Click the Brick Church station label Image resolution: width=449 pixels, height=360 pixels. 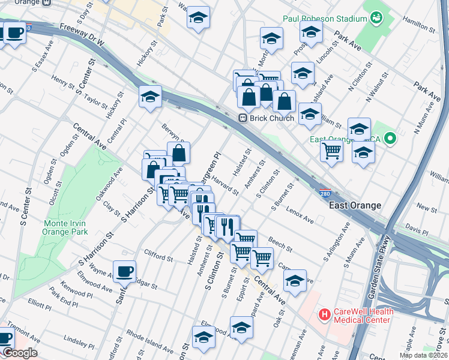pyautogui.click(x=273, y=118)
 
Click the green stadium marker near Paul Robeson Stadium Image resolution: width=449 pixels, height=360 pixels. pyautogui.click(x=377, y=19)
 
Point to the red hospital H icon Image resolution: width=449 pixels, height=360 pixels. pyautogui.click(x=325, y=314)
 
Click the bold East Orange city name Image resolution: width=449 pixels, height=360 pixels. pyautogui.click(x=355, y=205)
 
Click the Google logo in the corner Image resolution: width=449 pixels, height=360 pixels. pyautogui.click(x=20, y=352)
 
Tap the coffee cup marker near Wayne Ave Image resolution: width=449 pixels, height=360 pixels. pyautogui.click(x=124, y=272)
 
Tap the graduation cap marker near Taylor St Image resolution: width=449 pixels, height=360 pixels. pyautogui.click(x=150, y=95)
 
